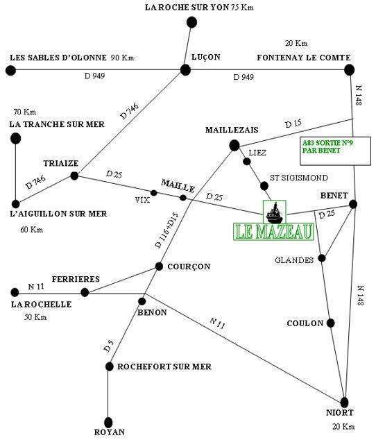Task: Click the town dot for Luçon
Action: point(185,70)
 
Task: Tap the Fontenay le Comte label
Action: point(304,58)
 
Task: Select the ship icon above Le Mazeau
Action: point(275,212)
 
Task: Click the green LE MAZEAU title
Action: point(273,232)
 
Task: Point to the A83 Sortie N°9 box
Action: point(335,151)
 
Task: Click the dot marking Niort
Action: point(345,403)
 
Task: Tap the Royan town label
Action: point(109,432)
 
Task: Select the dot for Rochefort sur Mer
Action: point(109,366)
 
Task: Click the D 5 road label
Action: point(109,346)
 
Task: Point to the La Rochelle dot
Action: point(15,292)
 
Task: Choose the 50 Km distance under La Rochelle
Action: point(35,317)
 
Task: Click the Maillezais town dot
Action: point(234,145)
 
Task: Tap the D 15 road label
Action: point(293,124)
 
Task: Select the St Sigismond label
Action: point(299,178)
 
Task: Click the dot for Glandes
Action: point(322,258)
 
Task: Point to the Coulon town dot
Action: point(331,323)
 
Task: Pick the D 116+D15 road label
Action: point(166,230)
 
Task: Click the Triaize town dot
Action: point(74,176)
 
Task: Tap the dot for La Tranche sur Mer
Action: point(15,139)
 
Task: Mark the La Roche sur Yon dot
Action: point(191,22)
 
